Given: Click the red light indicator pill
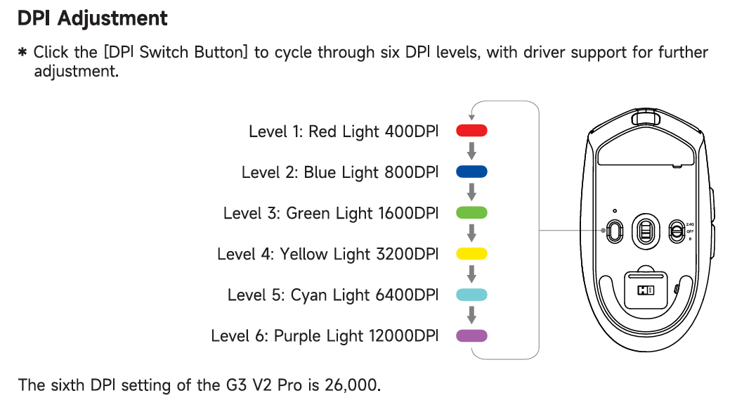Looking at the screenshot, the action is click(x=471, y=131).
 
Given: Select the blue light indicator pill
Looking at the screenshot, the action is click(x=471, y=172).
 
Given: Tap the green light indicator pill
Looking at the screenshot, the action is click(x=471, y=213).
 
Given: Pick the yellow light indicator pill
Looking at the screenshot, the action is click(x=471, y=254).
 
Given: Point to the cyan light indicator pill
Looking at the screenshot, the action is click(x=471, y=295).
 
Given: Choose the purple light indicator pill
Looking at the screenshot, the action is click(x=471, y=335).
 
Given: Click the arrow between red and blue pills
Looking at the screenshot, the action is click(x=471, y=151).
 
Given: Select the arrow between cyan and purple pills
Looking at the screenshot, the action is click(x=471, y=315).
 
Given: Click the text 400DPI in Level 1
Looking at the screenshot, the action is click(x=412, y=131).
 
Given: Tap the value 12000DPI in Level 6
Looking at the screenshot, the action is click(x=404, y=335).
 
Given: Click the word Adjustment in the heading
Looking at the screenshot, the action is click(x=112, y=19).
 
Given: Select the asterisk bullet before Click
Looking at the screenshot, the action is click(x=22, y=52).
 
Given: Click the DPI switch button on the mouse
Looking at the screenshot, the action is click(x=614, y=231).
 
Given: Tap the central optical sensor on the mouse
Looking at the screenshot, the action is click(x=646, y=231).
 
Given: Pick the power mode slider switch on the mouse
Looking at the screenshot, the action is click(x=677, y=231).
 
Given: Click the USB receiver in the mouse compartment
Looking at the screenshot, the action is click(x=646, y=290).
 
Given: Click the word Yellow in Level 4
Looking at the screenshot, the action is click(x=304, y=254).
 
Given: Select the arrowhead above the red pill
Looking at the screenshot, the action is click(x=471, y=117).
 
